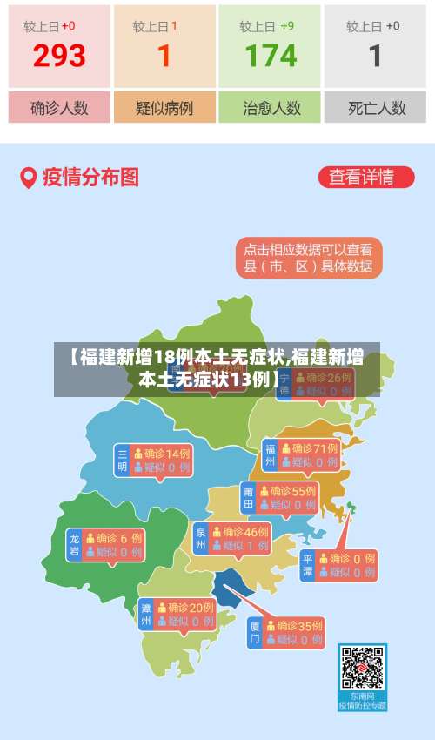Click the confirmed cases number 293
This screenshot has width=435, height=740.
[x=59, y=56]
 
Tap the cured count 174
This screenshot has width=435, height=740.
[x=271, y=56]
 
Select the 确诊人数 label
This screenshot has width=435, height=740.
[x=59, y=108]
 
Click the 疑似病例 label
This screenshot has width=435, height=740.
[x=164, y=108]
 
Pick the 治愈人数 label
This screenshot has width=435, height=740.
[x=271, y=108]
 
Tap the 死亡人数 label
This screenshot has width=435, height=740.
[x=376, y=108]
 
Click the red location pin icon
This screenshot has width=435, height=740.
[x=29, y=178]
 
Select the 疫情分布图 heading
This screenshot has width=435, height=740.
[x=90, y=178]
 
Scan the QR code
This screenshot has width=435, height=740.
[x=362, y=669]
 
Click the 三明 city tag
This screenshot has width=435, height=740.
[x=122, y=461]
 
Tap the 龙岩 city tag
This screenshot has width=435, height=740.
[x=74, y=545]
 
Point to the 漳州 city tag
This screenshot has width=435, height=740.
[x=145, y=615]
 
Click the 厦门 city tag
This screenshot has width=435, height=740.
[x=255, y=632]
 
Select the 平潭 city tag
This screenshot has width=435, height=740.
[x=307, y=565]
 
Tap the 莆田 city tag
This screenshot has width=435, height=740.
[x=248, y=497]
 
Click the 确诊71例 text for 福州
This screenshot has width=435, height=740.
[x=314, y=448]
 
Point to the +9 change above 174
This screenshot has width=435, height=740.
[x=287, y=26]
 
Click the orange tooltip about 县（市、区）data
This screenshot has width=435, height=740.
[x=308, y=258]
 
